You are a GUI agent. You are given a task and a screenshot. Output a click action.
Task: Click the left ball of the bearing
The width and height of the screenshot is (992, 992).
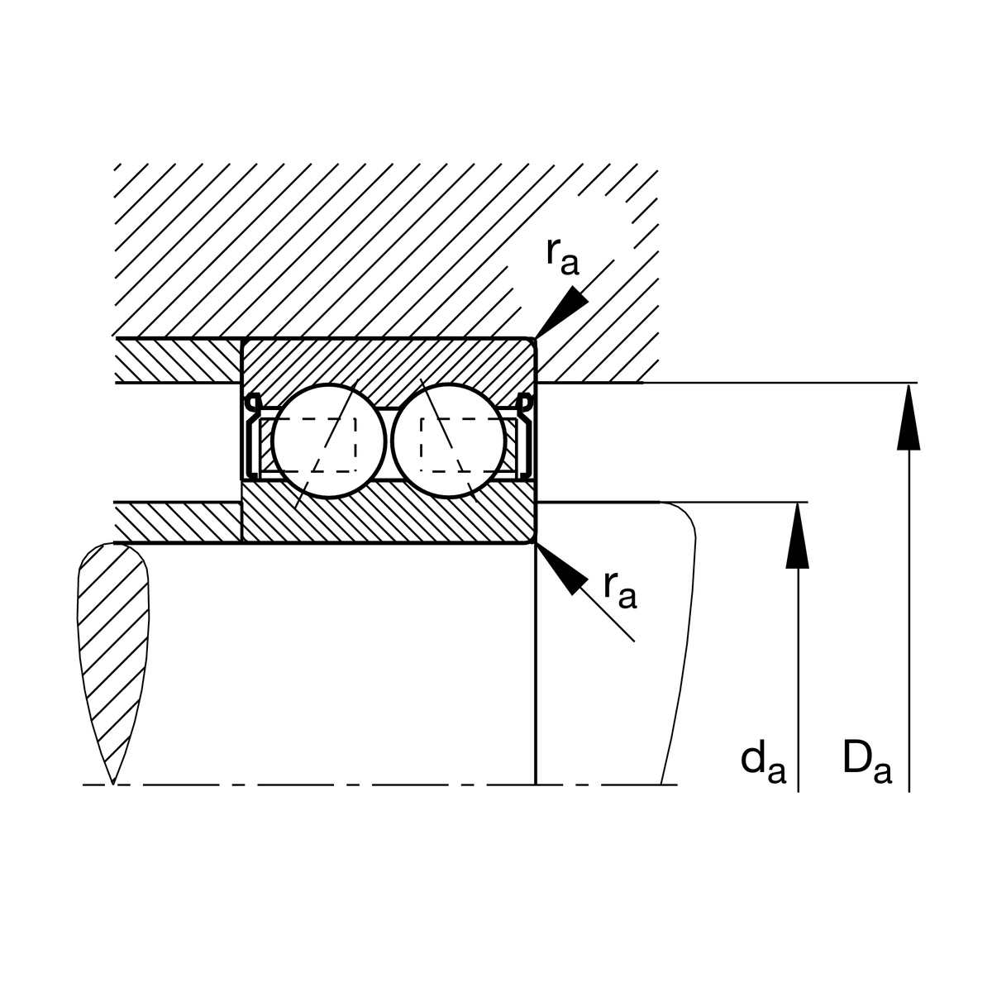(329, 441)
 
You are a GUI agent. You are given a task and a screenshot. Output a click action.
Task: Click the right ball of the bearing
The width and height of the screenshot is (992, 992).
(449, 441)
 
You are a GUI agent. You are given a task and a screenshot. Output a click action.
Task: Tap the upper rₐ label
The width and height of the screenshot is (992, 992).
(563, 257)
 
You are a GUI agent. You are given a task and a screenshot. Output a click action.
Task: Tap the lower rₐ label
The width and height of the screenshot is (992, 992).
(620, 590)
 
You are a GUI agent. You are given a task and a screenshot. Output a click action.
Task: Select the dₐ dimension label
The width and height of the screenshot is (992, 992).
(763, 764)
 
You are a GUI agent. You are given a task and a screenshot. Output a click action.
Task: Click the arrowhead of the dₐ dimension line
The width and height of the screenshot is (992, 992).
(798, 536)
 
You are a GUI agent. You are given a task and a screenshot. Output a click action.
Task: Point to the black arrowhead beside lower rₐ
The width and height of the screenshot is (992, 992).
(562, 569)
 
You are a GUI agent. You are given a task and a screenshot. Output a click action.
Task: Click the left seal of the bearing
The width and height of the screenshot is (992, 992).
(254, 436)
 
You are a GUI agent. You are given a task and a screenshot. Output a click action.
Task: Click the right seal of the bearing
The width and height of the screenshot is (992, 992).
(524, 436)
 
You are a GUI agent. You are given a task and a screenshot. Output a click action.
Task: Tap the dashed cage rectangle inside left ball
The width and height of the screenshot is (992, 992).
(308, 445)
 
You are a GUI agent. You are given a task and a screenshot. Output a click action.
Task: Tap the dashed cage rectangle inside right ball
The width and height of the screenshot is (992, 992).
(469, 445)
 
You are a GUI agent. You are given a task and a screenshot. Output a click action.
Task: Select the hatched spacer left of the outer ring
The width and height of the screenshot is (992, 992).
(178, 360)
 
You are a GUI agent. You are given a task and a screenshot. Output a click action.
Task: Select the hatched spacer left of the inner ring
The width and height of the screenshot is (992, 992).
(177, 522)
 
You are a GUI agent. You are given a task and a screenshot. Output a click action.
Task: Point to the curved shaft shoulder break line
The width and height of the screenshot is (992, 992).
(679, 642)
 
